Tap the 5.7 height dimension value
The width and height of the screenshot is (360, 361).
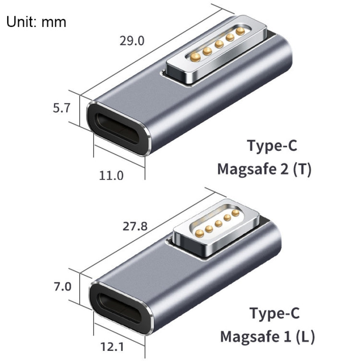click(x=62, y=108)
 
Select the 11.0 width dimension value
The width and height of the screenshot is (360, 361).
click(x=111, y=176)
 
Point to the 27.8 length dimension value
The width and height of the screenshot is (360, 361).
click(x=135, y=226)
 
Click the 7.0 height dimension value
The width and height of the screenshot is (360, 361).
click(x=62, y=287)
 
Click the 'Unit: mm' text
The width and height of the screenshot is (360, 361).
click(x=36, y=22)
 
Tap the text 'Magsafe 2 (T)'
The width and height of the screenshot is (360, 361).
click(x=264, y=169)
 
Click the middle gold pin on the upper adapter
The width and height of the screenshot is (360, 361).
click(x=219, y=44)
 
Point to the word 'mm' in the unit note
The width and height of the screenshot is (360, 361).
click(x=54, y=22)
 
